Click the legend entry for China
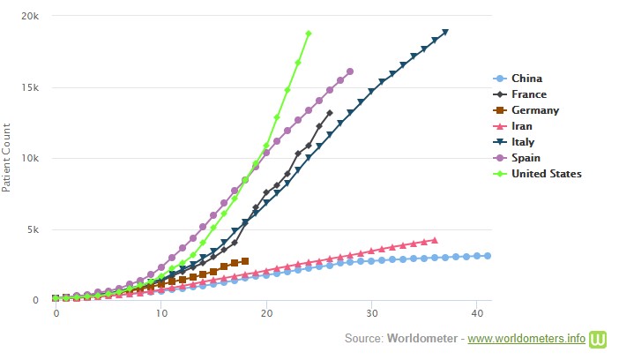click(x=526, y=79)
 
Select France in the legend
click(x=528, y=94)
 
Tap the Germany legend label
click(x=534, y=110)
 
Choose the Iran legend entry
click(x=521, y=126)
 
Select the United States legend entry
click(x=546, y=174)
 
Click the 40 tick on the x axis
click(x=477, y=313)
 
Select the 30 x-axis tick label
click(x=372, y=313)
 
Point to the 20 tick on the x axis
click(x=266, y=313)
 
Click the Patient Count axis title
click(x=7, y=159)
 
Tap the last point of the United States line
click(x=309, y=34)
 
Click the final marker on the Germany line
click(x=245, y=261)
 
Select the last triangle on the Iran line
click(x=434, y=240)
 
